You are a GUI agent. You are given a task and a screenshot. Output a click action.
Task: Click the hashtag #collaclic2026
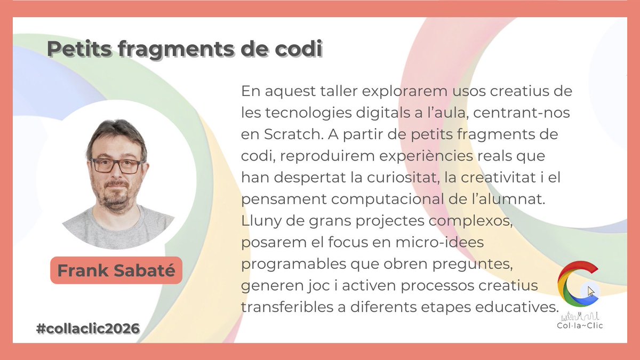coord(88,329)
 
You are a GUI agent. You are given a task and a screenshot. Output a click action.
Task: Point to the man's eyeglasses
coord(116,165)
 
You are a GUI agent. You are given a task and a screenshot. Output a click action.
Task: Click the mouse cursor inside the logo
coord(591,292)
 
